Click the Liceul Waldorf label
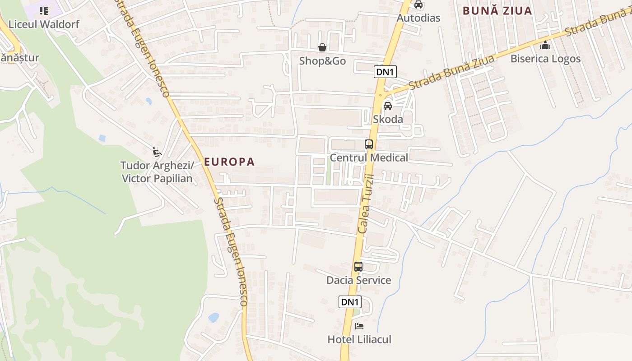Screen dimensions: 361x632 [x=44, y=24]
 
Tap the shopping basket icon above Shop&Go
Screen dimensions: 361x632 [x=322, y=47]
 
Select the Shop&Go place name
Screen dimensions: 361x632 [x=322, y=60]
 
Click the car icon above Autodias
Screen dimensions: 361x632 [x=418, y=5]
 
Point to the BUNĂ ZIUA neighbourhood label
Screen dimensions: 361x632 [x=497, y=11]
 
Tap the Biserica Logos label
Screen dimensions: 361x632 [x=545, y=59]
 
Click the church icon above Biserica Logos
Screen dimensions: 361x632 [x=545, y=45]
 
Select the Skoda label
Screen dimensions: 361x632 [x=388, y=119]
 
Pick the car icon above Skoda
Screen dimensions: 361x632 [x=387, y=106]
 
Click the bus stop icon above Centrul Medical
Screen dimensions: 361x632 [x=369, y=144]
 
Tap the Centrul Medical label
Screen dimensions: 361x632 [x=369, y=157]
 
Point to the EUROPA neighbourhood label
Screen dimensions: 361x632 [x=230, y=162]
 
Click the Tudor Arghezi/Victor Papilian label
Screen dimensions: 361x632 [x=157, y=172]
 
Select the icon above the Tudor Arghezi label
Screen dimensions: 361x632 [x=157, y=152]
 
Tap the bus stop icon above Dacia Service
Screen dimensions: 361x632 [x=358, y=266]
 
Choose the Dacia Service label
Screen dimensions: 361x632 [x=358, y=280]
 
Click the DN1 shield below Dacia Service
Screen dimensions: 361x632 [x=350, y=302]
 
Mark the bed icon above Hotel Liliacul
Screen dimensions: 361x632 [x=359, y=326]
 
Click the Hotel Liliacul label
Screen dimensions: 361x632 [x=359, y=339]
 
